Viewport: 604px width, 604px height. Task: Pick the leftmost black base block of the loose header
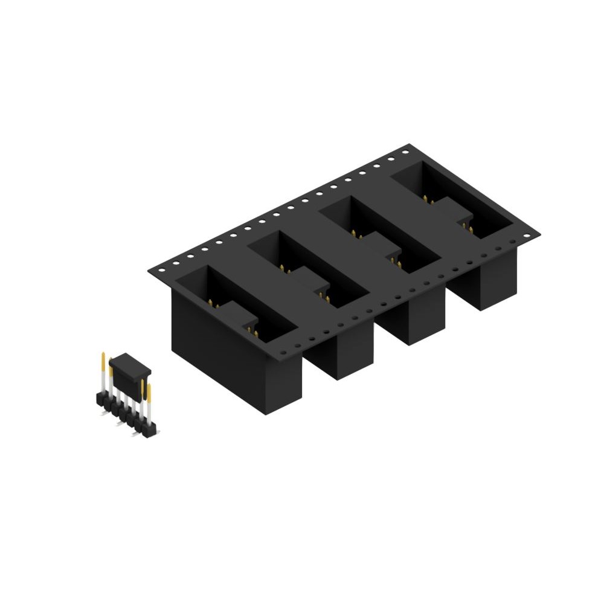[98, 398]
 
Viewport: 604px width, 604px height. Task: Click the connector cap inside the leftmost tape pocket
[236, 312]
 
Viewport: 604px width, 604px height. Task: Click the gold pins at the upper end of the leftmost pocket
[211, 301]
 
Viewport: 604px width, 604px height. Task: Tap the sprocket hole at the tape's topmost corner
[405, 152]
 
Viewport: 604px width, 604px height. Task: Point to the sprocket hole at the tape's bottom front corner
[298, 344]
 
